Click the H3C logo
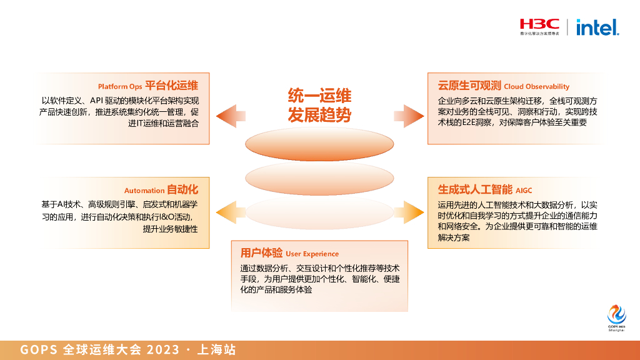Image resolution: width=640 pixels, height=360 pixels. [540, 26]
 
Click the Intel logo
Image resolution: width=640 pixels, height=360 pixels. [597, 27]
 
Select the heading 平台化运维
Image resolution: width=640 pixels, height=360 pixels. [172, 86]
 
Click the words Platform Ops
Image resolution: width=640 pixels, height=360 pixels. [120, 86]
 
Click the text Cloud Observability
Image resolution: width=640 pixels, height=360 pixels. [536, 87]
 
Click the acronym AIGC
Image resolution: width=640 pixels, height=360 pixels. [524, 190]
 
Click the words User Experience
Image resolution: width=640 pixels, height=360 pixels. [312, 254]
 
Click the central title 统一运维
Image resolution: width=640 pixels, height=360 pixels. [319, 95]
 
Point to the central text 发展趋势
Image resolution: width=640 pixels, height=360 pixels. [319, 115]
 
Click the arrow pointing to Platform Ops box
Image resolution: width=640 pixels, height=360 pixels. [230, 115]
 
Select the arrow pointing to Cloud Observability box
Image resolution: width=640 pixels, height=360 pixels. [408, 115]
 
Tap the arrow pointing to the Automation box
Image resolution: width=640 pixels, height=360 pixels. [230, 208]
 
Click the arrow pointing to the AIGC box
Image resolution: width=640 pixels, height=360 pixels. [408, 208]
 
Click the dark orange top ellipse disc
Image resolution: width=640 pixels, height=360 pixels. [319, 145]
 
